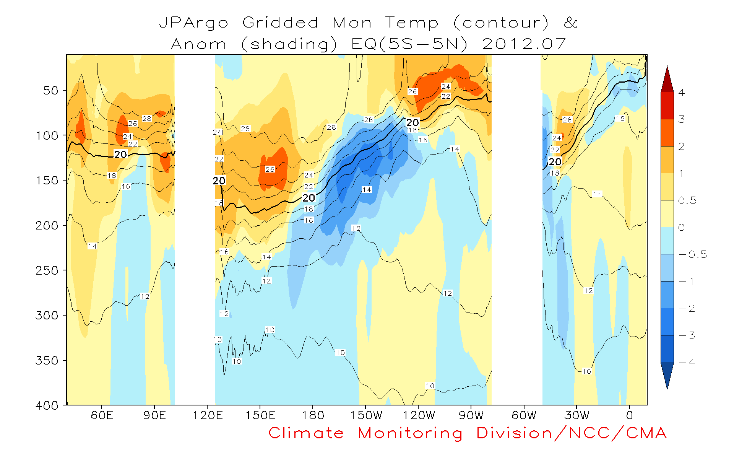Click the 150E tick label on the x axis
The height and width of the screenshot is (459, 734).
click(x=260, y=415)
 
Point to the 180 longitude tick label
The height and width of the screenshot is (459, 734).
click(x=313, y=415)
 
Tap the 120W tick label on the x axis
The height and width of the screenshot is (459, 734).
click(x=419, y=415)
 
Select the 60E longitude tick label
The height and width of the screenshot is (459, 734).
click(x=102, y=415)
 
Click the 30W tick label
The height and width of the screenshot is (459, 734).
click(x=577, y=415)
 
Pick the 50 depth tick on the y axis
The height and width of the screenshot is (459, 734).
click(x=50, y=91)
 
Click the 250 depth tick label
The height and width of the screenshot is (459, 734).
click(x=46, y=270)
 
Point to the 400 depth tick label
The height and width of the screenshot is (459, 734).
click(x=46, y=405)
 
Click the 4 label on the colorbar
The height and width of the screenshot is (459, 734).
click(x=682, y=92)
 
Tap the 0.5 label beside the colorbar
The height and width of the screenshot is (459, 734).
click(x=687, y=200)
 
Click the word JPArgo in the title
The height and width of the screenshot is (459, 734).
click(x=194, y=23)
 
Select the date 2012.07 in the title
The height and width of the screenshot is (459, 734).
click(x=524, y=44)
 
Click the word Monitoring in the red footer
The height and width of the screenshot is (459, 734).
click(x=410, y=433)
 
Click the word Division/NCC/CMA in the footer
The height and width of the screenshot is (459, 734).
click(x=572, y=433)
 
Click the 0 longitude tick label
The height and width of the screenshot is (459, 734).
click(x=630, y=415)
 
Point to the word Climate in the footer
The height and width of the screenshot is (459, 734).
click(x=306, y=433)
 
